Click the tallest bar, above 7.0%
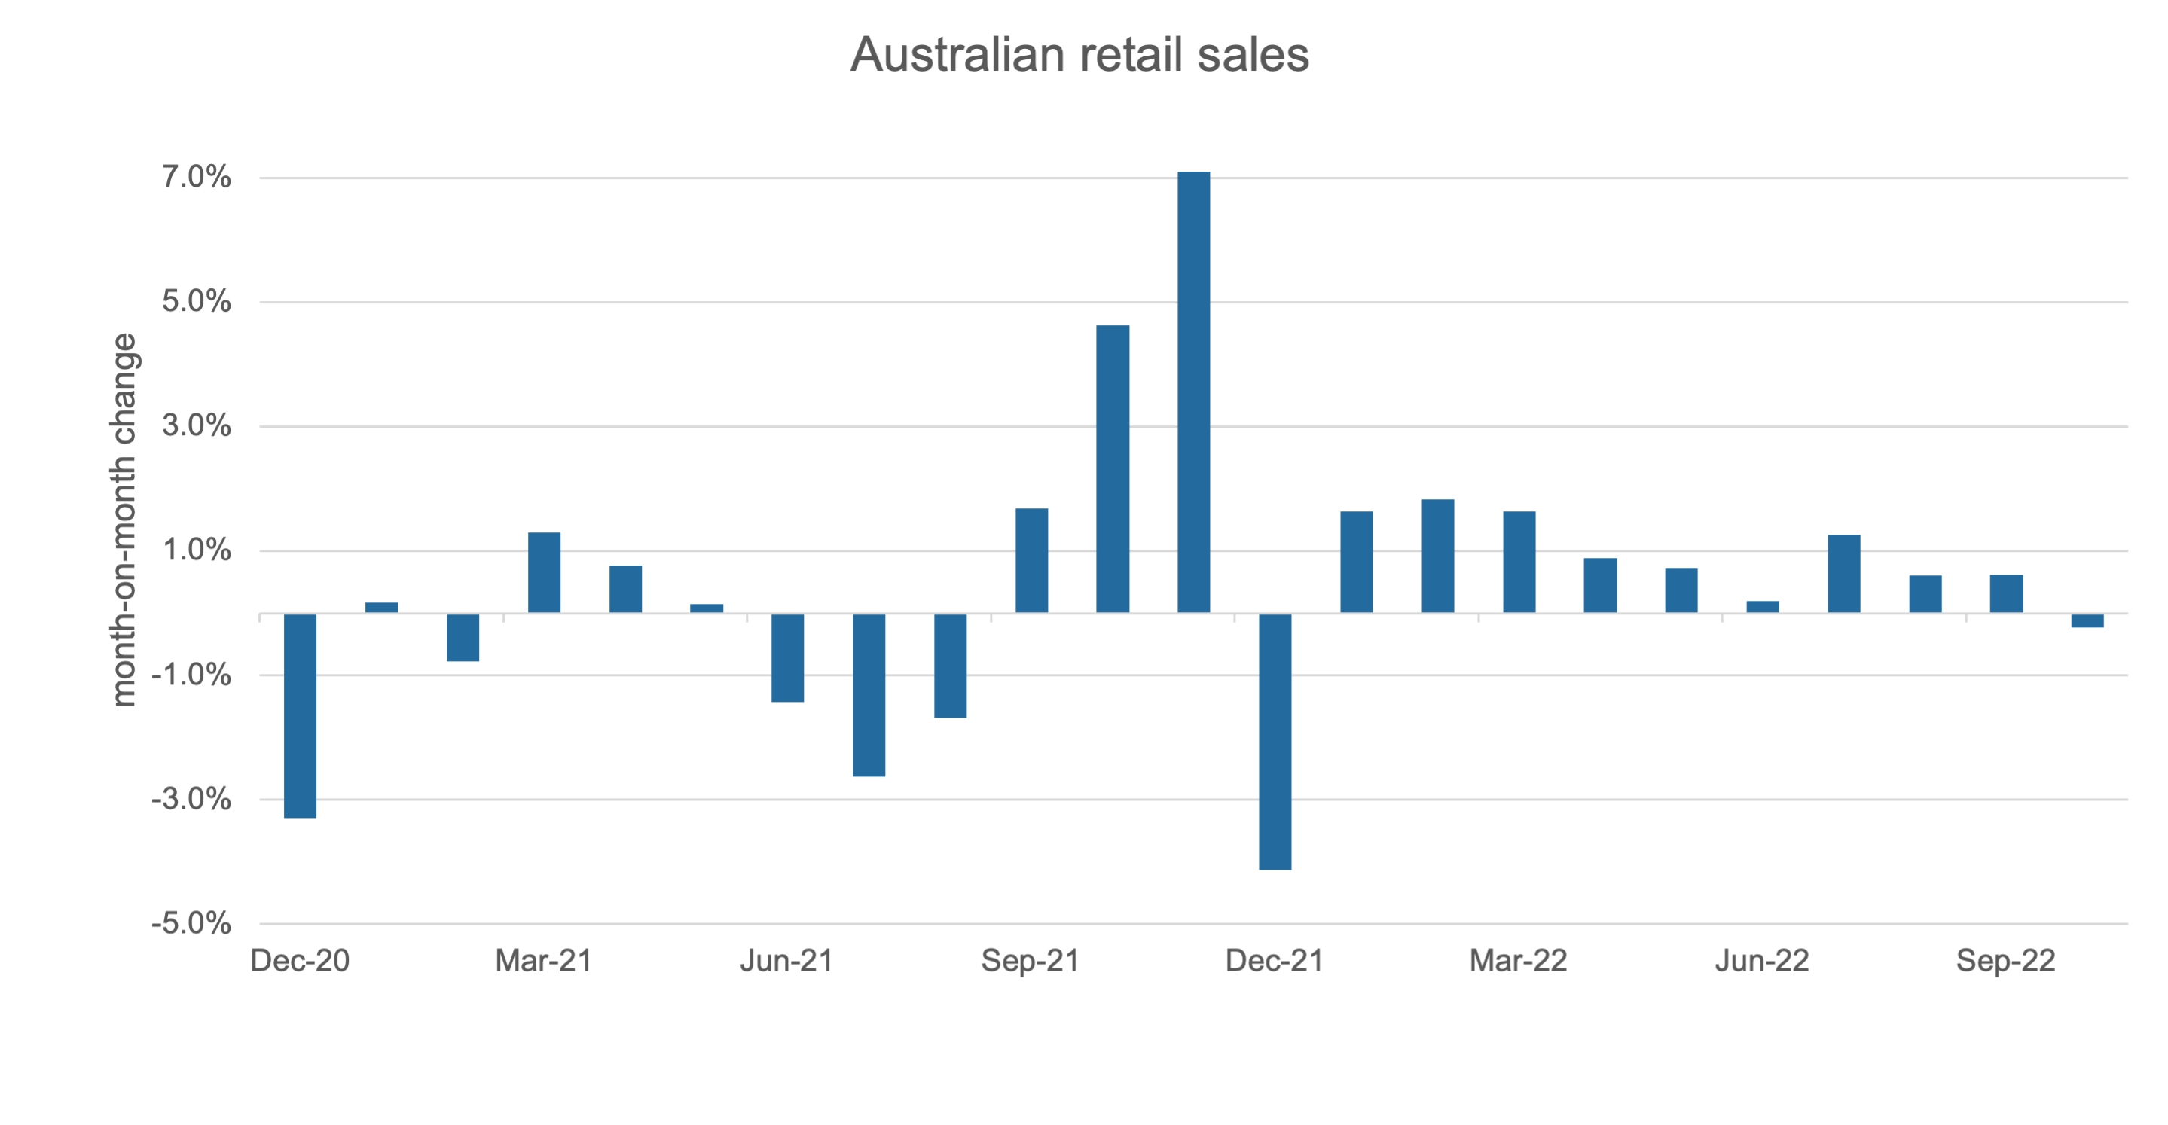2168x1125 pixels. [x=1193, y=392]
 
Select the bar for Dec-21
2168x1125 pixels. [x=1275, y=741]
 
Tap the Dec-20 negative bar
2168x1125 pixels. [x=301, y=715]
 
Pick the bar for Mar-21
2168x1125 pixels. [x=544, y=572]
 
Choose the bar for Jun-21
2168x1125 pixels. [x=788, y=657]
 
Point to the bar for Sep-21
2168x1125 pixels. [x=1032, y=560]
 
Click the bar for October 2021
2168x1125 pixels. [x=1113, y=468]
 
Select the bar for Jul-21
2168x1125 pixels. [x=869, y=695]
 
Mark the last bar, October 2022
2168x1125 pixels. [x=2087, y=621]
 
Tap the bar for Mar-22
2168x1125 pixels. [x=1519, y=562]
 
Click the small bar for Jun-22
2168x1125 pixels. [x=1762, y=607]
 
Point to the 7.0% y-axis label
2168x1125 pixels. [x=196, y=177]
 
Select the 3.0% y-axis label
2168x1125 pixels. [x=196, y=425]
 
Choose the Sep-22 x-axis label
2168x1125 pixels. [x=2005, y=960]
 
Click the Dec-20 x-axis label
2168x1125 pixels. [x=301, y=960]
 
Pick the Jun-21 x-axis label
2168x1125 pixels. [x=787, y=960]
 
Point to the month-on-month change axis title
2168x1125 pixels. [x=124, y=520]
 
